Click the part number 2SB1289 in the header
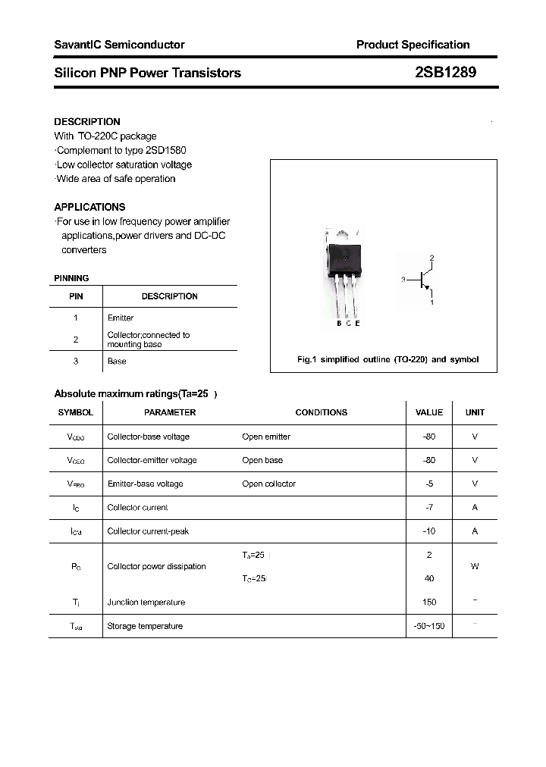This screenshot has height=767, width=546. [x=445, y=73]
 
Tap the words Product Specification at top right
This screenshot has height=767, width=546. [x=413, y=45]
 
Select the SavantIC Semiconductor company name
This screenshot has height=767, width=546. [x=119, y=45]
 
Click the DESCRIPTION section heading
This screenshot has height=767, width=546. [x=87, y=121]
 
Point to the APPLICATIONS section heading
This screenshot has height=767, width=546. [x=89, y=207]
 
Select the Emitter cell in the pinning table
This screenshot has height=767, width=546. [x=121, y=318]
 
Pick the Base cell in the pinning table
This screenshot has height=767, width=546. [x=117, y=362]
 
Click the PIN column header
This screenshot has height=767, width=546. [x=76, y=296]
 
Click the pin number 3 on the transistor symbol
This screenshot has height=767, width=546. [x=403, y=280]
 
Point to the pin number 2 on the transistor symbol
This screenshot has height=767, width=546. [x=431, y=258]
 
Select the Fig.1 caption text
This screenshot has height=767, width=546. [x=388, y=360]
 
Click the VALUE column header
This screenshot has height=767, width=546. [x=429, y=412]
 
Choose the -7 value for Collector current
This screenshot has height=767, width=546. [x=429, y=507]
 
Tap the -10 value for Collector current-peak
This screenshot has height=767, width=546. [x=429, y=531]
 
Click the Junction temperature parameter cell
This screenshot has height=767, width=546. [x=146, y=603]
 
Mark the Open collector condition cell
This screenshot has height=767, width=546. [x=268, y=484]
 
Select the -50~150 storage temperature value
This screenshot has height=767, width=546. [x=429, y=626]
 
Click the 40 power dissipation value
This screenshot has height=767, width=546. [x=429, y=578]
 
